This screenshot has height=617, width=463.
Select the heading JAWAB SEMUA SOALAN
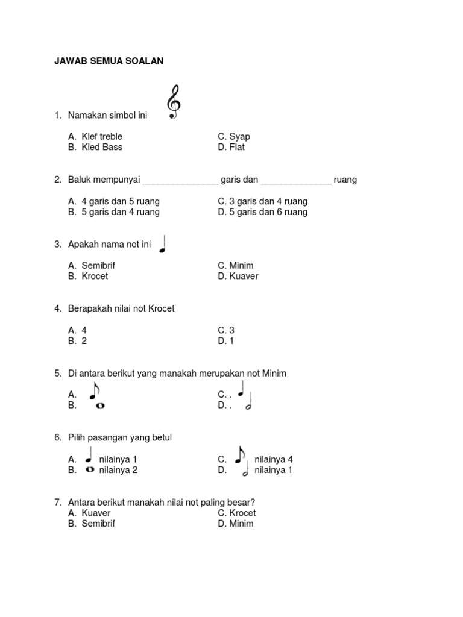(109, 61)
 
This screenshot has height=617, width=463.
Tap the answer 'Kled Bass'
(101, 147)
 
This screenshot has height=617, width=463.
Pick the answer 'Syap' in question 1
(239, 136)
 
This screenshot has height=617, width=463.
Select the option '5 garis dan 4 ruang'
(120, 212)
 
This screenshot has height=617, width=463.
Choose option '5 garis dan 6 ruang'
(268, 212)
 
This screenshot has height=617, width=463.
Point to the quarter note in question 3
(163, 243)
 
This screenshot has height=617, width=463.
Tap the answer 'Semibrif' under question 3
(98, 265)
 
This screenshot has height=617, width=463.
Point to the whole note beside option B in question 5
(100, 406)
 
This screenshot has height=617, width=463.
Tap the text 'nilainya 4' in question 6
(274, 459)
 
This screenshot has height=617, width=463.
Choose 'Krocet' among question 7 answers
(242, 513)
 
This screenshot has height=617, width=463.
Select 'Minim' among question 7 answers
(241, 524)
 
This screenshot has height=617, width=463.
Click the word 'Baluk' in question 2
(80, 180)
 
